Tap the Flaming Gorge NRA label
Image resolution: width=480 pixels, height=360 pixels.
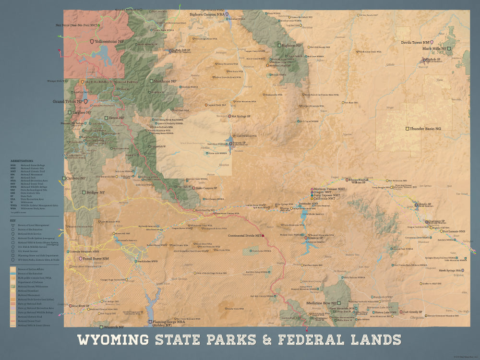168,322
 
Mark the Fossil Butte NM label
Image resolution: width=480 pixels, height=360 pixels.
96,259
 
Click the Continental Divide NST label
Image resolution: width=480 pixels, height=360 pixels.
245,235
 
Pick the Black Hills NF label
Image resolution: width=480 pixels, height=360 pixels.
434,48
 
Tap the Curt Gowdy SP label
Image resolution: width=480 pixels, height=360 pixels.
414,312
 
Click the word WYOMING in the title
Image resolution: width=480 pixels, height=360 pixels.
113,339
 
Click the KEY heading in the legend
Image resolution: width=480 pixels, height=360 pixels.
12,220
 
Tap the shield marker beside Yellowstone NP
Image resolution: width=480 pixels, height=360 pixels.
92,42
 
